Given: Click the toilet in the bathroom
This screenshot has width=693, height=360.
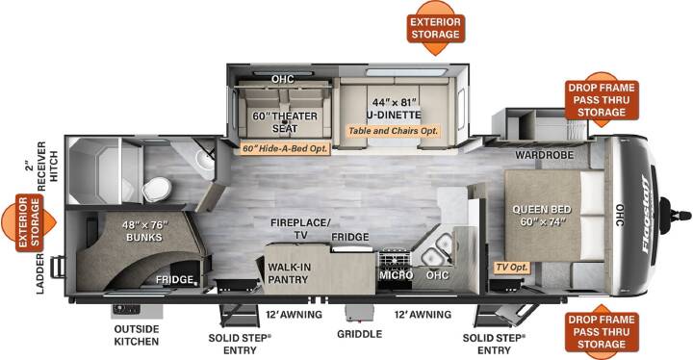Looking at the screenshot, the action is pyautogui.click(x=156, y=189).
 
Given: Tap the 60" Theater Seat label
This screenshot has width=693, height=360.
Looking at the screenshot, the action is pyautogui.click(x=285, y=122).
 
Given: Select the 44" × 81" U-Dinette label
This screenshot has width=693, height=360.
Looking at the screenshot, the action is pyautogui.click(x=394, y=109).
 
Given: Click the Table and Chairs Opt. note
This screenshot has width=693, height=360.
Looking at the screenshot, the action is pyautogui.click(x=394, y=131).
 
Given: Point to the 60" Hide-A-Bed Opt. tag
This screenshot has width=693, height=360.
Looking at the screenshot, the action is pyautogui.click(x=285, y=148).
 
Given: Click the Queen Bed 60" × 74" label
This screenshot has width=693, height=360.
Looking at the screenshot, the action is pyautogui.click(x=541, y=216).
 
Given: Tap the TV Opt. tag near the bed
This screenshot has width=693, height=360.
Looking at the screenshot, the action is pyautogui.click(x=512, y=268).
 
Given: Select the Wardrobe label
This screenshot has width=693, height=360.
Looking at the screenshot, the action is pyautogui.click(x=544, y=155).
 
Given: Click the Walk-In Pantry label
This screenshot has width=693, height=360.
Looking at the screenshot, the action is pyautogui.click(x=289, y=273).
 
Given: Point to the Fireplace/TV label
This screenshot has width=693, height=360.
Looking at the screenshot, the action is pyautogui.click(x=300, y=229).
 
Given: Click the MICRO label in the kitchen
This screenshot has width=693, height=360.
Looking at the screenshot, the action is pyautogui.click(x=396, y=275).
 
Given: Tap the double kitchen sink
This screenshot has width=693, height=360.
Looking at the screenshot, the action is pyautogui.click(x=437, y=250).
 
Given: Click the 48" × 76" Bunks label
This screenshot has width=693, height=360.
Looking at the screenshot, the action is pyautogui.click(x=144, y=231).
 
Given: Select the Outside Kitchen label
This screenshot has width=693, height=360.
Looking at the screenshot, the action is pyautogui.click(x=136, y=335).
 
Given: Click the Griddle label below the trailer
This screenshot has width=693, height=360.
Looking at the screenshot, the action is pyautogui.click(x=359, y=334).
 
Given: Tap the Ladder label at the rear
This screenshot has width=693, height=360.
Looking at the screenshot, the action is pyautogui.click(x=40, y=274).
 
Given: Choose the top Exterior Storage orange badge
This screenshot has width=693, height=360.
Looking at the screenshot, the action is pyautogui.click(x=436, y=28).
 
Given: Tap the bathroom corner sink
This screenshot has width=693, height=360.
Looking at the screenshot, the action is pyautogui.click(x=203, y=159).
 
